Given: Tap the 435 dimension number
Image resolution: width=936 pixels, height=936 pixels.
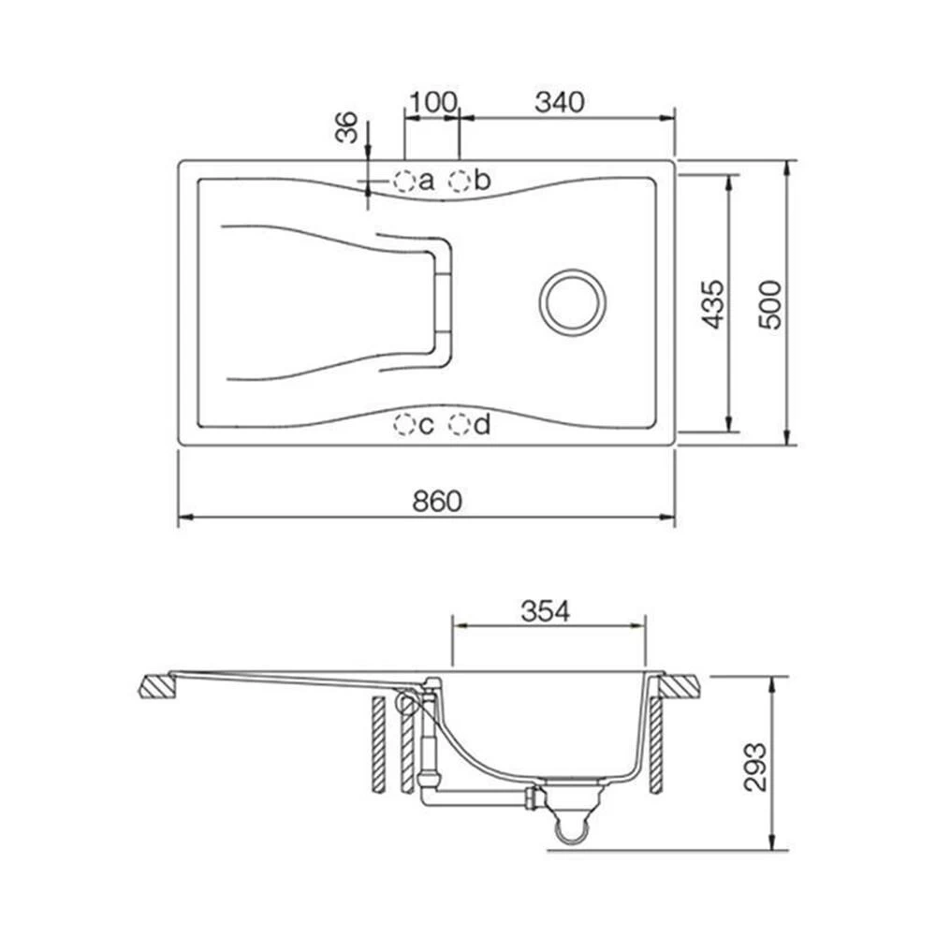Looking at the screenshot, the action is [712, 304].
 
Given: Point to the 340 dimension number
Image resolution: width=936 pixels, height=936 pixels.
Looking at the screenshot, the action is [560, 102].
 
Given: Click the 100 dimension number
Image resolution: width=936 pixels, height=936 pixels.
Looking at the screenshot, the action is [432, 102].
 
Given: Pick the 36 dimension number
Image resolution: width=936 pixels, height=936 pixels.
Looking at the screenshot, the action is [346, 127].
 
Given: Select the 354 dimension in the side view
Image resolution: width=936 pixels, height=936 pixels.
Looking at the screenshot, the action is [546, 610].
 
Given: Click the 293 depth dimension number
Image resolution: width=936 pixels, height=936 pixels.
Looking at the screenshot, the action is [755, 768].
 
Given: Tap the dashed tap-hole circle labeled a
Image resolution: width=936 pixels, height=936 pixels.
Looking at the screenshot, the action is [404, 181].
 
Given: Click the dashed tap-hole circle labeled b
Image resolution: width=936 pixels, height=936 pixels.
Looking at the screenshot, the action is [460, 181].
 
